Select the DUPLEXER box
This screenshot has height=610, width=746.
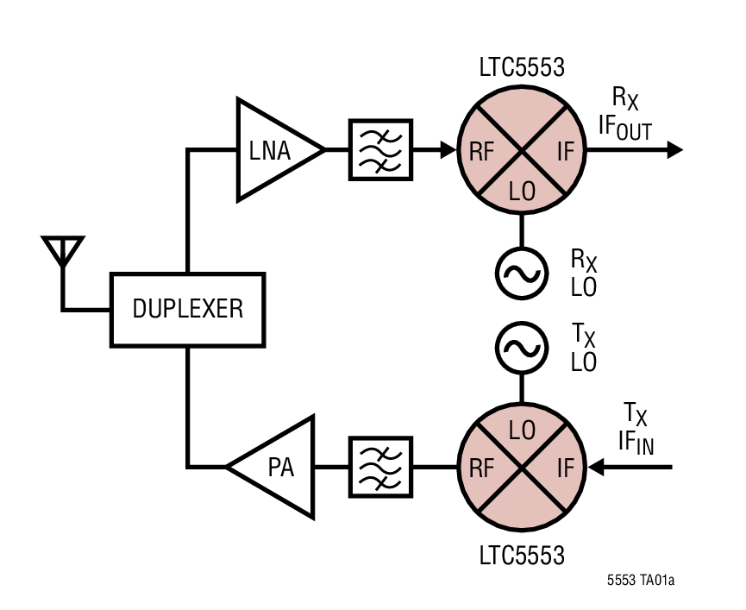click(187, 309)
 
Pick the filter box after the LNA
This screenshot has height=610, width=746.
click(380, 150)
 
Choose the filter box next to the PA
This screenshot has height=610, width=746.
click(380, 468)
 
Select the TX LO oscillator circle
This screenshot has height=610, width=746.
click(522, 348)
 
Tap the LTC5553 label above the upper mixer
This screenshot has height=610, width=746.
click(522, 66)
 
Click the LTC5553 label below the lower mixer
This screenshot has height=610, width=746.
click(522, 554)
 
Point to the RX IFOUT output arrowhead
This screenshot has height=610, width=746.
click(674, 150)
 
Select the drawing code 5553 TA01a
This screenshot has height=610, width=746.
click(640, 581)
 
